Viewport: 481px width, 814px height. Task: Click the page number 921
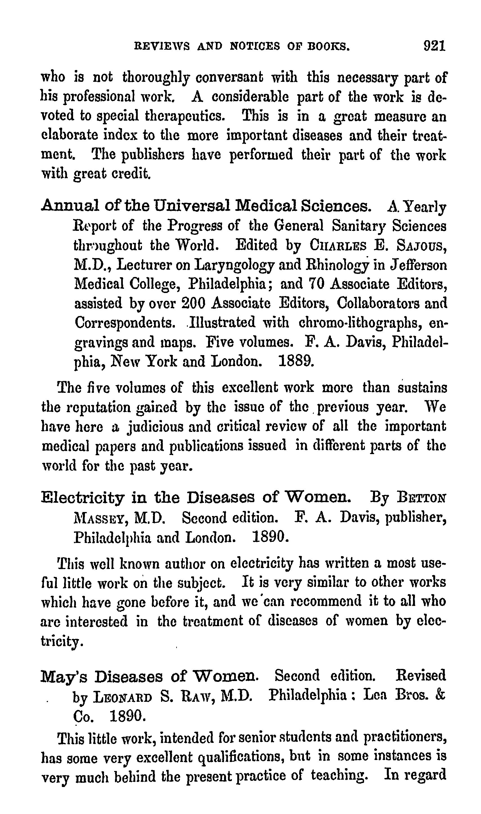coord(435,46)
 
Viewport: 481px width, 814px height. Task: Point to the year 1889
coord(296,361)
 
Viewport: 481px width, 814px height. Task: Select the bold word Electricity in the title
coord(83,498)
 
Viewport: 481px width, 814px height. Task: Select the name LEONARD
coord(122,697)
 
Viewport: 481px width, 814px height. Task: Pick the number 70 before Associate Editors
coord(315,284)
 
